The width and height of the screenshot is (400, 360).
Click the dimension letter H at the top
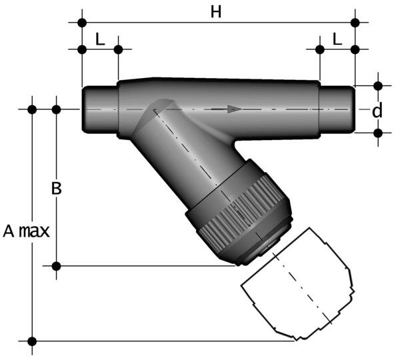click(x=215, y=13)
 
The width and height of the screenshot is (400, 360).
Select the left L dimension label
click(x=100, y=39)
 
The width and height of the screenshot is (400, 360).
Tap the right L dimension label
click(x=337, y=39)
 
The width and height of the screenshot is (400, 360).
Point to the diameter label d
click(x=377, y=111)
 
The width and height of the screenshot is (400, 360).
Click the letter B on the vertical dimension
click(x=57, y=189)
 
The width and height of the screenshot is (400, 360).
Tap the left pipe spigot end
click(x=99, y=109)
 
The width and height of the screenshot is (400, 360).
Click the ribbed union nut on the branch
click(x=240, y=213)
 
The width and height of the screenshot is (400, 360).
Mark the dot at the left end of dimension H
click(x=82, y=23)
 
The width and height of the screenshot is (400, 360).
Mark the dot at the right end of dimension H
click(x=355, y=23)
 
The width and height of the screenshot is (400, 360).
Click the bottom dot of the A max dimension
click(x=31, y=341)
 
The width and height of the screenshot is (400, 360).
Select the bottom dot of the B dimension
click(x=57, y=267)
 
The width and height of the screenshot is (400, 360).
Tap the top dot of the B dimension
click(x=57, y=109)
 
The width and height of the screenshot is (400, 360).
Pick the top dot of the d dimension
click(x=378, y=86)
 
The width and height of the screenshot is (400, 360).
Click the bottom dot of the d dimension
click(x=378, y=133)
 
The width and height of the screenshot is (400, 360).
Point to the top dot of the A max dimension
click(x=31, y=109)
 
